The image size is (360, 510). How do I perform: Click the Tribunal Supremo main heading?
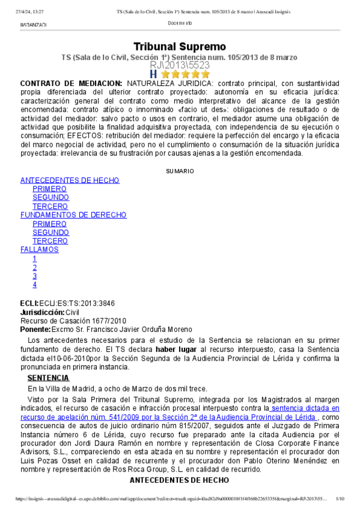point(180,46)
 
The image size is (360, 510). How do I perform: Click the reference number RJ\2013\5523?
point(180,65)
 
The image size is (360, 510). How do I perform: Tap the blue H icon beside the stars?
point(153,74)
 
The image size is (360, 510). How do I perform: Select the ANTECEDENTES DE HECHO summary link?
point(70,180)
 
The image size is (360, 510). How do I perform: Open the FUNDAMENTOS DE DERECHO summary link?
point(73,215)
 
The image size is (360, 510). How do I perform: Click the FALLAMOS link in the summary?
point(40,249)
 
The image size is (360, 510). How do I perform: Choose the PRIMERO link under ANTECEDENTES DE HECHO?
point(49,189)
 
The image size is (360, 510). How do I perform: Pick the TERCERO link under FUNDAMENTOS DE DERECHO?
point(49,241)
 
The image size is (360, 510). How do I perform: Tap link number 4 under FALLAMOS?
point(35,284)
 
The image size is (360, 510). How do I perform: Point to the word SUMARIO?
point(180,171)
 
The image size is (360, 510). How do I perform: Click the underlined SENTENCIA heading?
point(48,378)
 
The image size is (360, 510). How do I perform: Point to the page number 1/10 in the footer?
point(340,499)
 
